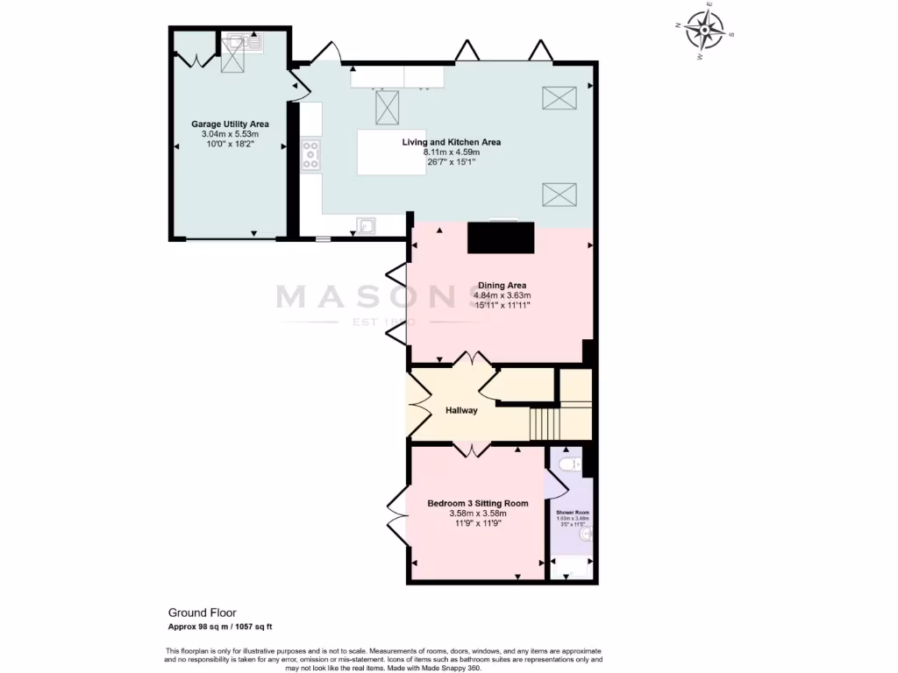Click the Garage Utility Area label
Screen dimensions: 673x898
pos(230,124)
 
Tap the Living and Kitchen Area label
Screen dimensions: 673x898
pos(451,142)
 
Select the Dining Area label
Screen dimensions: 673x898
pos(502,286)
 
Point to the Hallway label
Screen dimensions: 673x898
pos(461,410)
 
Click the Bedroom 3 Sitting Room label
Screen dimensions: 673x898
pos(478,503)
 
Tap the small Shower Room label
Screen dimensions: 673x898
pos(572,512)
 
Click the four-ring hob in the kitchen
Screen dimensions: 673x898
pos(311,155)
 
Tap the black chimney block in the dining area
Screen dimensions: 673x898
pos(501,237)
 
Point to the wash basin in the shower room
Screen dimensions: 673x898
pos(587,534)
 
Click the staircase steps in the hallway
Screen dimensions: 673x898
pos(545,424)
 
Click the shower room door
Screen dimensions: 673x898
pos(556,484)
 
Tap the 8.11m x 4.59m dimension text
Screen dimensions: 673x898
pos(451,152)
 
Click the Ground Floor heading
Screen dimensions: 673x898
pos(202,613)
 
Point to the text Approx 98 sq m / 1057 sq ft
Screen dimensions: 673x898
pos(220,627)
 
